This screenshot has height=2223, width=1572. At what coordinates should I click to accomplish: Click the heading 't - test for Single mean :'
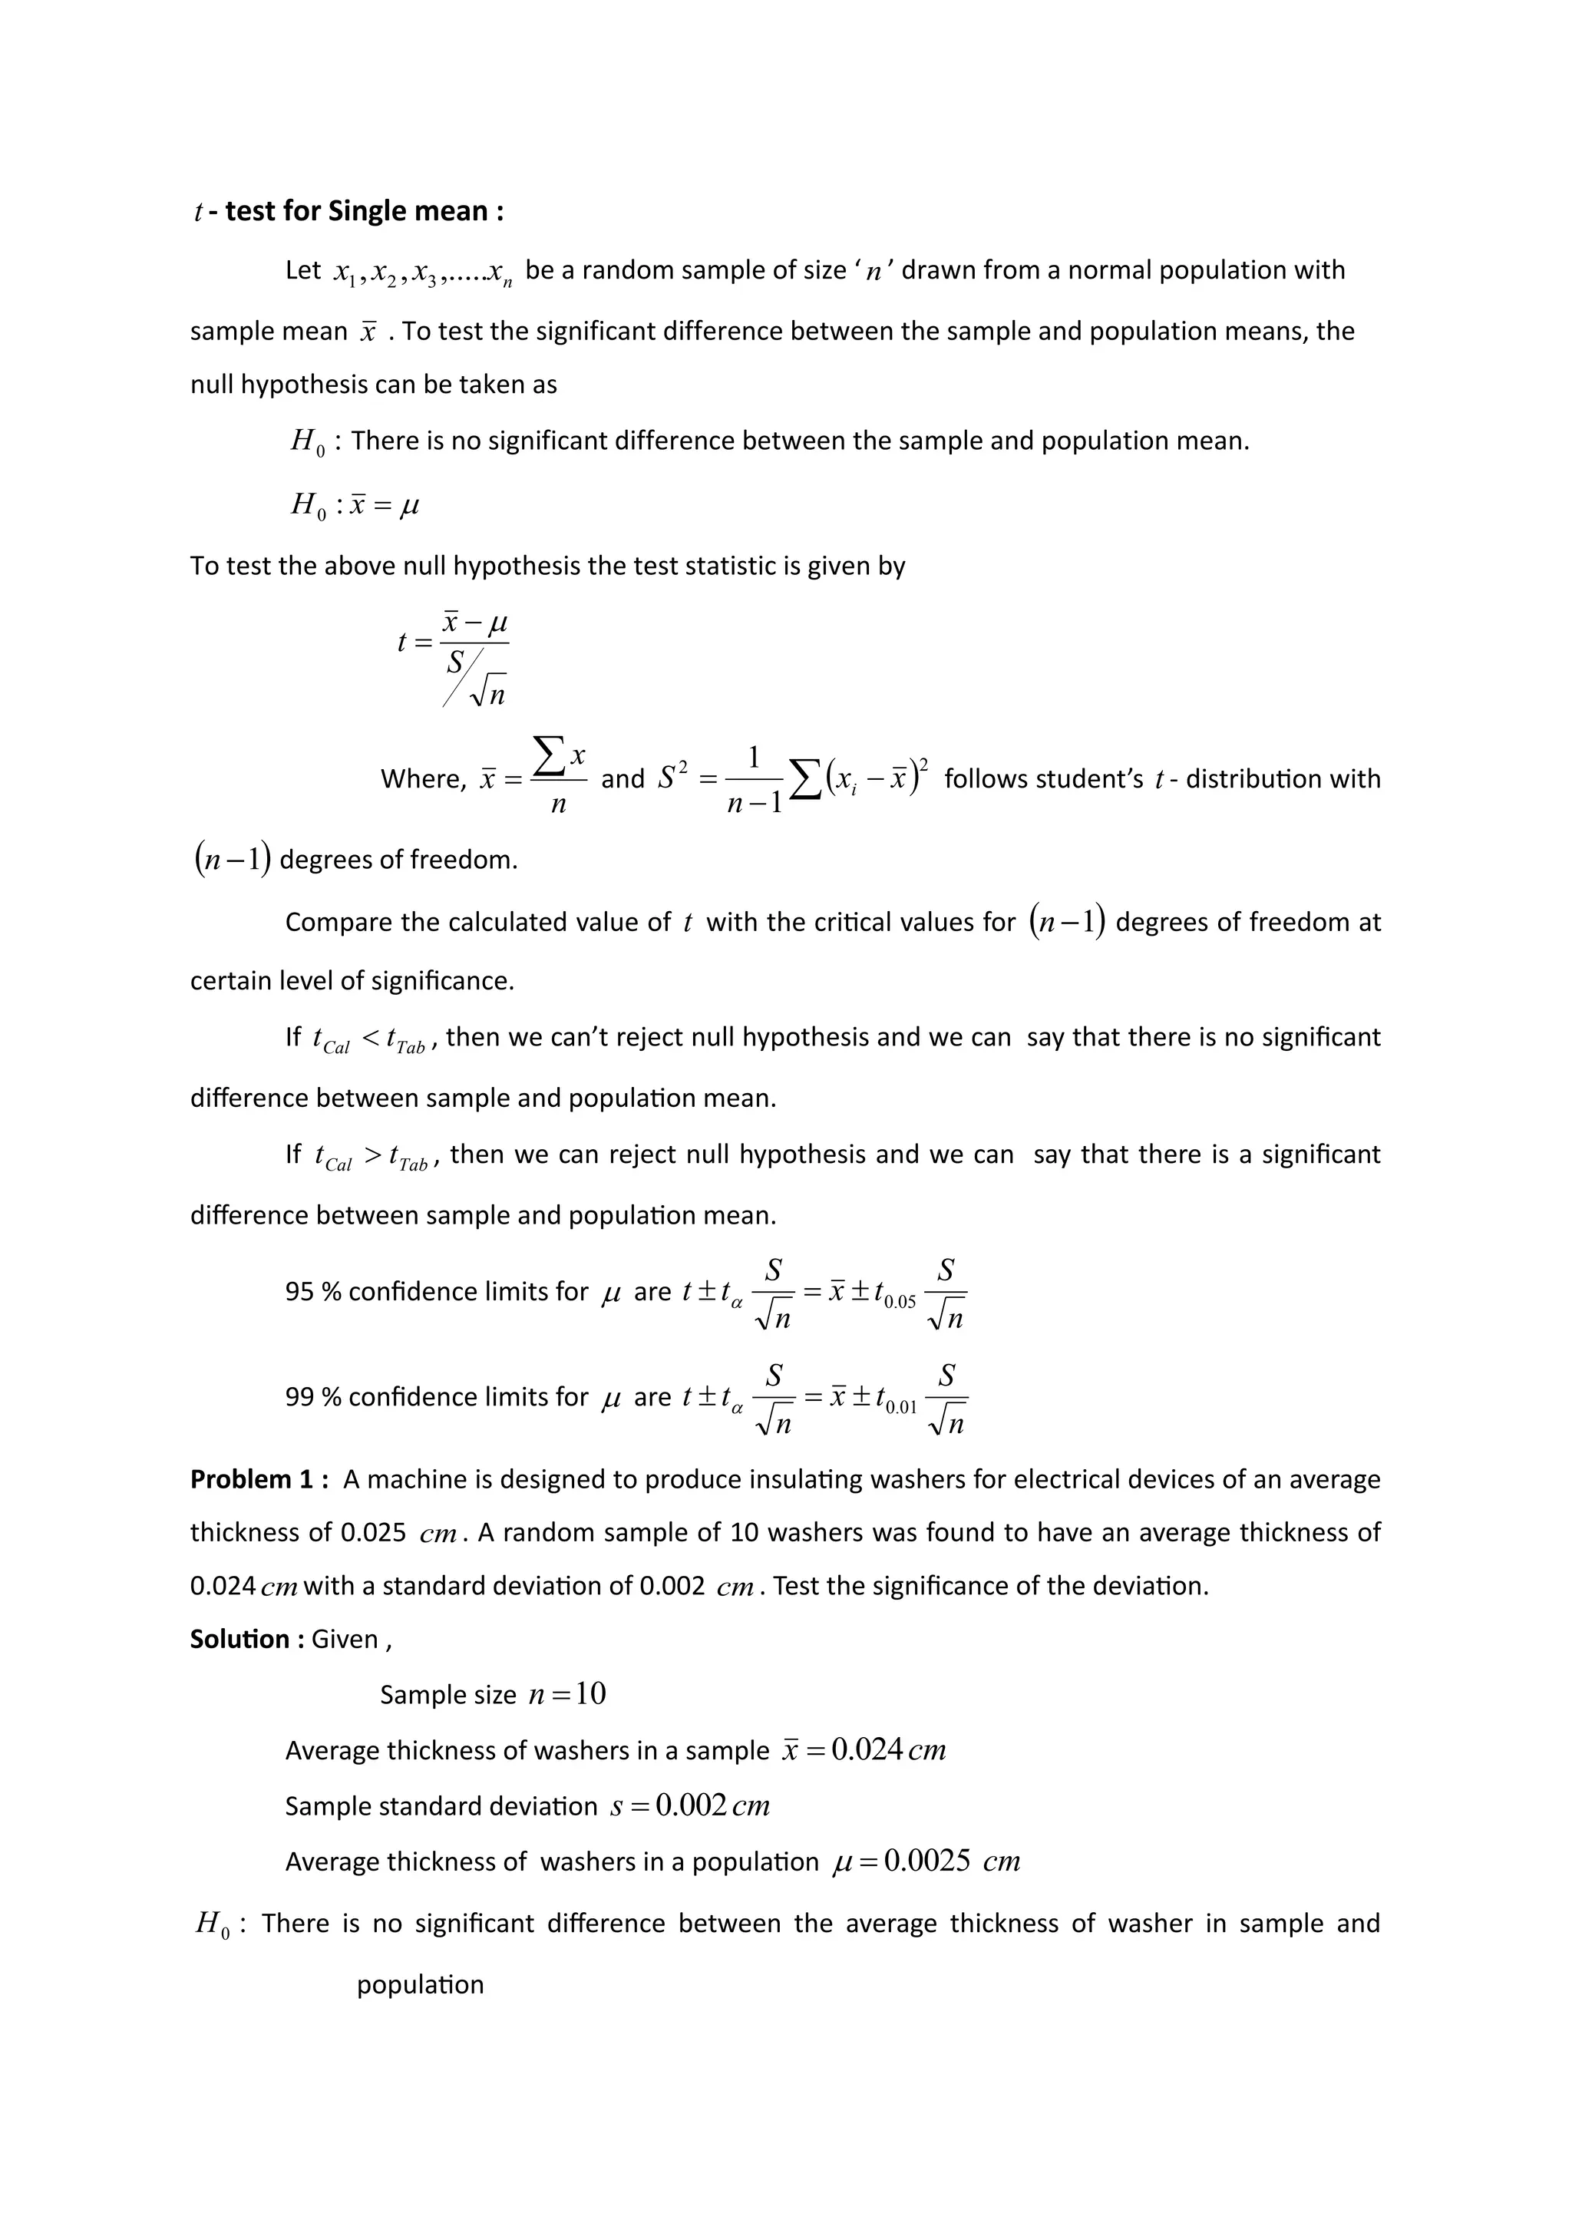coord(348,211)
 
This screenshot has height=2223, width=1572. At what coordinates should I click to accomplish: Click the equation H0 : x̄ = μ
coord(355,504)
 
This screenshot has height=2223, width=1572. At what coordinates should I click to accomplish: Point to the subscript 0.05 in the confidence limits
coord(900,1302)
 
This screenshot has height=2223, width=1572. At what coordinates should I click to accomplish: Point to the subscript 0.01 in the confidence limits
coord(900,1408)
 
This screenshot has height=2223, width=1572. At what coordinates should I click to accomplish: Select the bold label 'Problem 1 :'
coord(259,1479)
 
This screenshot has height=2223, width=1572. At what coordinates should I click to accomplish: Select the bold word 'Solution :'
coord(248,1639)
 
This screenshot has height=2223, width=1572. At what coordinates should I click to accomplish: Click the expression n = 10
coord(566,1693)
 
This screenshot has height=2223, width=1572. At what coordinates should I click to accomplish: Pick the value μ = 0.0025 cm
coord(926,1862)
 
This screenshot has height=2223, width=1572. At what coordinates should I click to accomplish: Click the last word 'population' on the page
coord(420,1985)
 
